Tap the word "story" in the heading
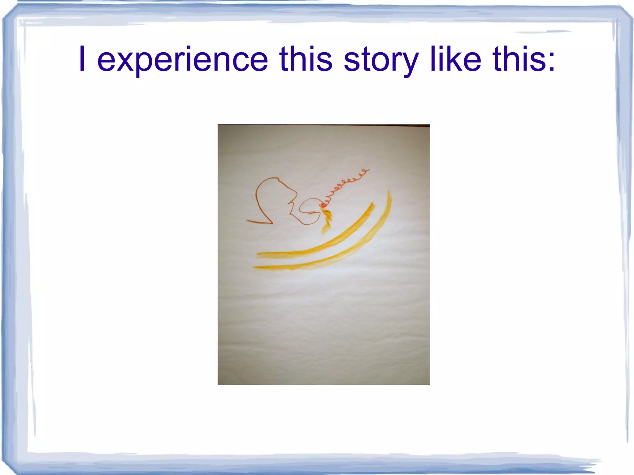pyautogui.click(x=381, y=59)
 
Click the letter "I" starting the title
pyautogui.click(x=82, y=59)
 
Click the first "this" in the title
pyautogui.click(x=306, y=59)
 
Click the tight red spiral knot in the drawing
pyautogui.click(x=323, y=205)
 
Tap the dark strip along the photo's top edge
pyautogui.click(x=324, y=125)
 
